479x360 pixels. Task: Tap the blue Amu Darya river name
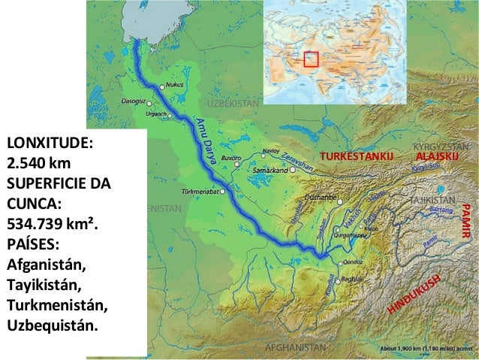(x=209, y=142)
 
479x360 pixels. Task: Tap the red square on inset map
(x=311, y=59)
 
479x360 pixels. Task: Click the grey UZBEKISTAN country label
(x=233, y=102)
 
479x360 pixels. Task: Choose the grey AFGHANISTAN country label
(x=296, y=348)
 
